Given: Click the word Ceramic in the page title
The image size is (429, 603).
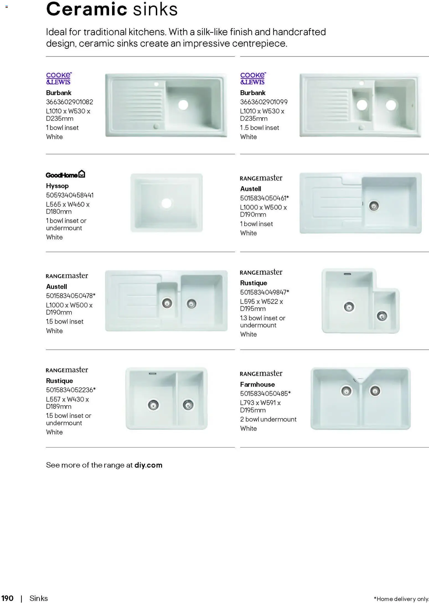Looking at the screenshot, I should [x=86, y=9].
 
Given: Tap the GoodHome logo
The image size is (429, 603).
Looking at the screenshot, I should [x=65, y=174].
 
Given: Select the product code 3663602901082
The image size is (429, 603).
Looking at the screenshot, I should [x=69, y=102].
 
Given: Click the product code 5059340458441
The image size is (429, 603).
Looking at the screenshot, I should [x=70, y=195].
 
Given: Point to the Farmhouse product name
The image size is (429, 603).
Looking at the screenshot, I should [x=257, y=384].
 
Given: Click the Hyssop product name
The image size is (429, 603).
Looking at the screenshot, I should [x=57, y=186].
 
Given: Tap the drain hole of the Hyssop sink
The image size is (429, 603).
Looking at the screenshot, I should [x=166, y=203].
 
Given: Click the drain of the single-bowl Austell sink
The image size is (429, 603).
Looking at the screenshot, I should [x=374, y=206].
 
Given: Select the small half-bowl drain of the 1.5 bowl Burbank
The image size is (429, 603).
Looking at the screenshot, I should [x=362, y=105].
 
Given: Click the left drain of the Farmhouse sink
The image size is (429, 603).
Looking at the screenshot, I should [x=346, y=391].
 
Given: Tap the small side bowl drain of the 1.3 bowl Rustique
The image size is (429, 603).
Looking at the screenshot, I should [x=382, y=316].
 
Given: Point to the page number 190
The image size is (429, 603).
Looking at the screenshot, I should [x=7, y=598].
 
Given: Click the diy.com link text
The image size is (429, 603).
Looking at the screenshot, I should [x=148, y=465].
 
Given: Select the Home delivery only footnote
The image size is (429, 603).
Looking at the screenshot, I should [x=401, y=599].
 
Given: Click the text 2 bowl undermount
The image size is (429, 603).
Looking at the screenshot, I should [x=268, y=419].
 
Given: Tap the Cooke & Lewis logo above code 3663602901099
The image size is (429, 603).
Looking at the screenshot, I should [x=253, y=79].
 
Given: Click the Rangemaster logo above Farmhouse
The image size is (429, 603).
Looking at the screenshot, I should [x=261, y=374].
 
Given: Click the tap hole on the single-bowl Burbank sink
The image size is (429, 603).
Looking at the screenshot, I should [x=156, y=84].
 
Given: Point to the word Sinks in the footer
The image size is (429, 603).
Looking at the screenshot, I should [x=39, y=598].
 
